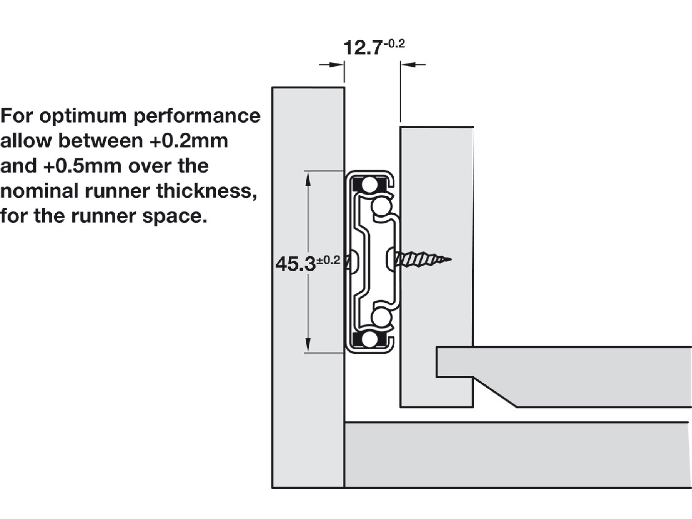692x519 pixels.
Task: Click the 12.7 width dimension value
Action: click(x=362, y=48)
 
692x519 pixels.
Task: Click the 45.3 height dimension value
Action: click(x=295, y=264)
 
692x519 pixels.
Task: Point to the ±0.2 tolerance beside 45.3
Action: click(x=328, y=260)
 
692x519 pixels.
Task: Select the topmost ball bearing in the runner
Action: click(x=369, y=185)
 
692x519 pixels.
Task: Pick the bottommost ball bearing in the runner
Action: click(x=369, y=339)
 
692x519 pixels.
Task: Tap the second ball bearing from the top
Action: click(x=381, y=207)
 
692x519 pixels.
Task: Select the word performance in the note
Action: click(x=197, y=116)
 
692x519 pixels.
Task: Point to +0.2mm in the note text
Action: click(x=189, y=141)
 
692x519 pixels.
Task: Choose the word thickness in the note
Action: click(x=206, y=191)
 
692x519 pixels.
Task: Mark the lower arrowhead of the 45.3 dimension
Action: click(x=308, y=346)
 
